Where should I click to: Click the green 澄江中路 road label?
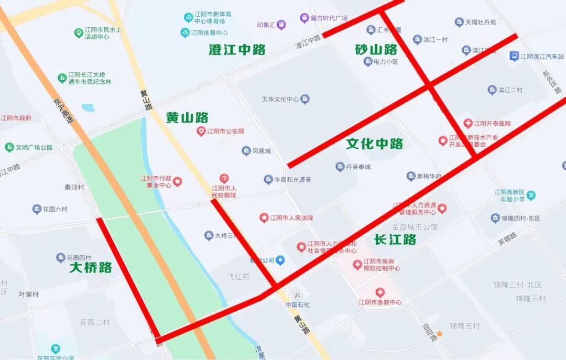click(x=237, y=50)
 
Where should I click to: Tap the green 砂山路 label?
click(x=376, y=50)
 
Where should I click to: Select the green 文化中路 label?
click(x=374, y=144)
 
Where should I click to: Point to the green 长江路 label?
click(x=395, y=239)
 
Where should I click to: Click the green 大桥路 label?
click(x=91, y=267)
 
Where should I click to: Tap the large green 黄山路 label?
click(x=187, y=117)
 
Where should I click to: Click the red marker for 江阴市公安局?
click(x=201, y=131)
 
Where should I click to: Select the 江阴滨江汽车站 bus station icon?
click(x=515, y=56)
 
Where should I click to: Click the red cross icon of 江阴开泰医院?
click(x=468, y=124)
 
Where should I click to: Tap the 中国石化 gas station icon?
click(x=298, y=294)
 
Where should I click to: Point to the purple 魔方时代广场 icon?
click(x=304, y=18)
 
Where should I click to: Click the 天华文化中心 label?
click(x=280, y=99)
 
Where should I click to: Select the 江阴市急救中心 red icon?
click(x=380, y=292)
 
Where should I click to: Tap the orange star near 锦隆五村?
click(x=440, y=334)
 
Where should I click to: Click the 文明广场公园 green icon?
click(x=9, y=147)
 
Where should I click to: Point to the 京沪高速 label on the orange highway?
click(x=62, y=112)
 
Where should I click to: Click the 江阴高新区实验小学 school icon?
click(x=531, y=195)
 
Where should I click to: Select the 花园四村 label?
click(x=79, y=258)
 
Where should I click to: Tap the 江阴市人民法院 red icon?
click(x=264, y=217)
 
